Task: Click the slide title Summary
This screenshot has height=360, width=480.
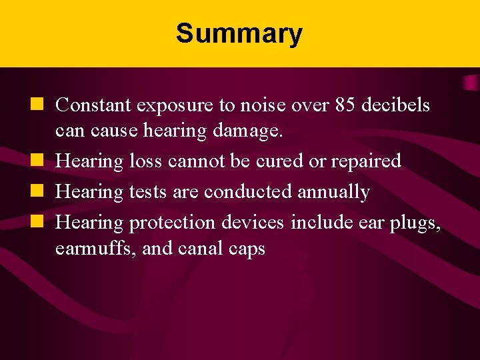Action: (239, 33)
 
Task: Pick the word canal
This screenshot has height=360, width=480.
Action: (198, 249)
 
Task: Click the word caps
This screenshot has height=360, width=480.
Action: (247, 250)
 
